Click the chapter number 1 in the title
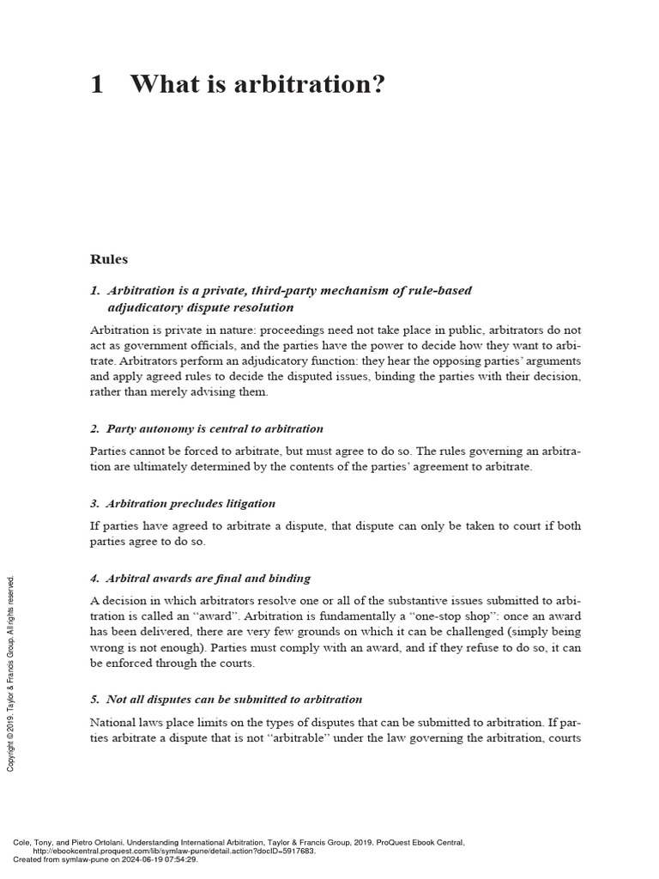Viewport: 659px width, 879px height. [x=97, y=84]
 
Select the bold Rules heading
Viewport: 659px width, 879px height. [x=109, y=258]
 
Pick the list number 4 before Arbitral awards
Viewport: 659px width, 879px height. [x=94, y=579]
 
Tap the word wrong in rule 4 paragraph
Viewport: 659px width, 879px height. [x=107, y=648]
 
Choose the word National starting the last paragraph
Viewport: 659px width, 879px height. [x=114, y=723]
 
